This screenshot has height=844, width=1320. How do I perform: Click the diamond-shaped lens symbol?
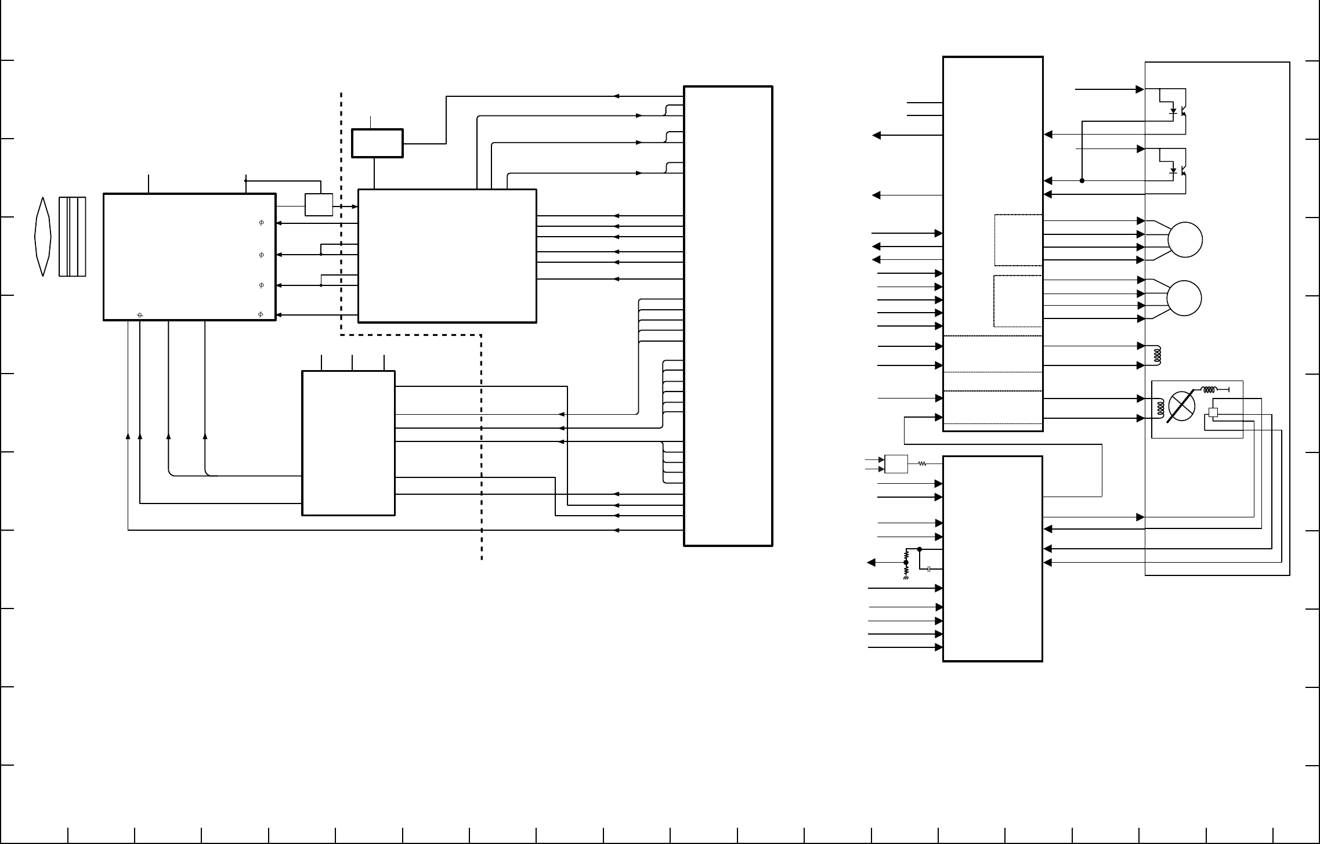(42, 237)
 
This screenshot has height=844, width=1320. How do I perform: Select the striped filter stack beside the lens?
(72, 237)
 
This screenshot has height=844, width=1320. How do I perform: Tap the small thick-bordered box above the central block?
(377, 143)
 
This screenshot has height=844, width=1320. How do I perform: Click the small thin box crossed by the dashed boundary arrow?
(319, 204)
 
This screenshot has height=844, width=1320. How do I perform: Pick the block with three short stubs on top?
(348, 443)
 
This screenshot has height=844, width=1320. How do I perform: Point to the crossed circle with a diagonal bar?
(1182, 407)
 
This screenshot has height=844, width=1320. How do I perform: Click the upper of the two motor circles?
(1184, 240)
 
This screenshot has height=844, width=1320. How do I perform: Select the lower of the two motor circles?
(1184, 298)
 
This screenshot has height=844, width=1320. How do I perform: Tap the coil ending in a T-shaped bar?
(1211, 389)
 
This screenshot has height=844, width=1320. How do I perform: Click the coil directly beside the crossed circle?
(1160, 408)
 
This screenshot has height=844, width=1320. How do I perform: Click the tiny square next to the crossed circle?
(1212, 412)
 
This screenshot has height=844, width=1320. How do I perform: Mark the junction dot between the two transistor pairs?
(1082, 180)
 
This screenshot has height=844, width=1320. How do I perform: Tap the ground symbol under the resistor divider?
(906, 578)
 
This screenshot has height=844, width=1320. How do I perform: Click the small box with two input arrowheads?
(896, 464)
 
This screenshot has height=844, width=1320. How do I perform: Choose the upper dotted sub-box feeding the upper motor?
(1018, 240)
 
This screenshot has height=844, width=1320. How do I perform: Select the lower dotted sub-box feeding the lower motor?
(1018, 301)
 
